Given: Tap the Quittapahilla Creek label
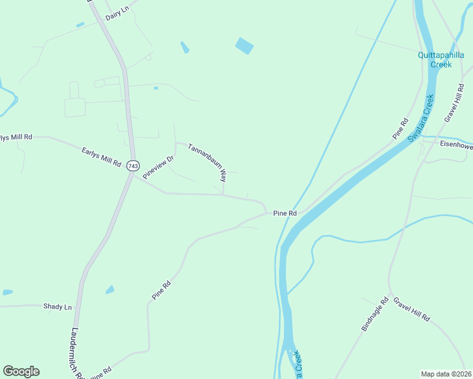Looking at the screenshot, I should point(441,59).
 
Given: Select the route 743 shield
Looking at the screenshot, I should point(133,165).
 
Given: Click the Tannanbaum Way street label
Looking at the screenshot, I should point(207,162).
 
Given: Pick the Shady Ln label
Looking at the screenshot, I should point(58,306).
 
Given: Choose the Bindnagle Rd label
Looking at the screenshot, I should point(374,315).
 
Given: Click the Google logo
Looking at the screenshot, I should point(21,371).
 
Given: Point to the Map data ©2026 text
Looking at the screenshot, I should point(446,374).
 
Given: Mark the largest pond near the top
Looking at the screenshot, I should point(244,46).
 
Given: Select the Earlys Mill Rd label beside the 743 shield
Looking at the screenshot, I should point(101,156).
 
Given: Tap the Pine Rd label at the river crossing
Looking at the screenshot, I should point(285,214).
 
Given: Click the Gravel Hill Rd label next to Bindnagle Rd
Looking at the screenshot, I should point(411,310).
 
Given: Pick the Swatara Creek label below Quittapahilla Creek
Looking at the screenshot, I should point(421,118).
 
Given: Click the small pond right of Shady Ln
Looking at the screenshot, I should point(110,290).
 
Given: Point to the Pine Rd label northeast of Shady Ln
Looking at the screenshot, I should point(161,290).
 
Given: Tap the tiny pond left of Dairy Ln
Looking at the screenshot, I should point(80,25).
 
